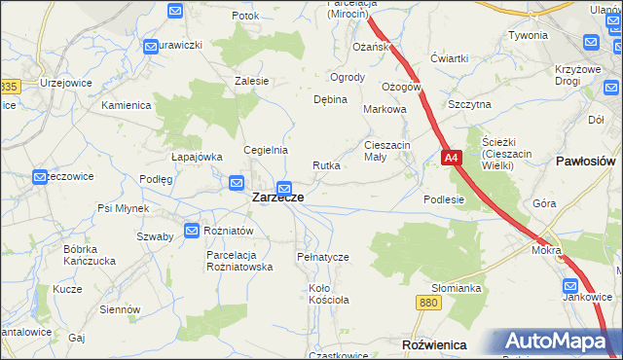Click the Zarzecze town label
click(x=277, y=197)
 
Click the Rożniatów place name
click(x=229, y=231)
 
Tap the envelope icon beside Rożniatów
click(x=191, y=231)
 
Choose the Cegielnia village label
click(x=266, y=150)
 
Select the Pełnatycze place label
click(x=322, y=257)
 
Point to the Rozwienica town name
click(x=434, y=345)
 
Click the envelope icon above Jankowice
click(x=572, y=286)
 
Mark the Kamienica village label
click(x=126, y=104)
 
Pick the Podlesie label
click(x=444, y=199)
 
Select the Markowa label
click(x=384, y=110)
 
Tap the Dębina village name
click(x=330, y=99)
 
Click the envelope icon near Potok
click(x=175, y=12)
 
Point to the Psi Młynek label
click(x=123, y=208)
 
